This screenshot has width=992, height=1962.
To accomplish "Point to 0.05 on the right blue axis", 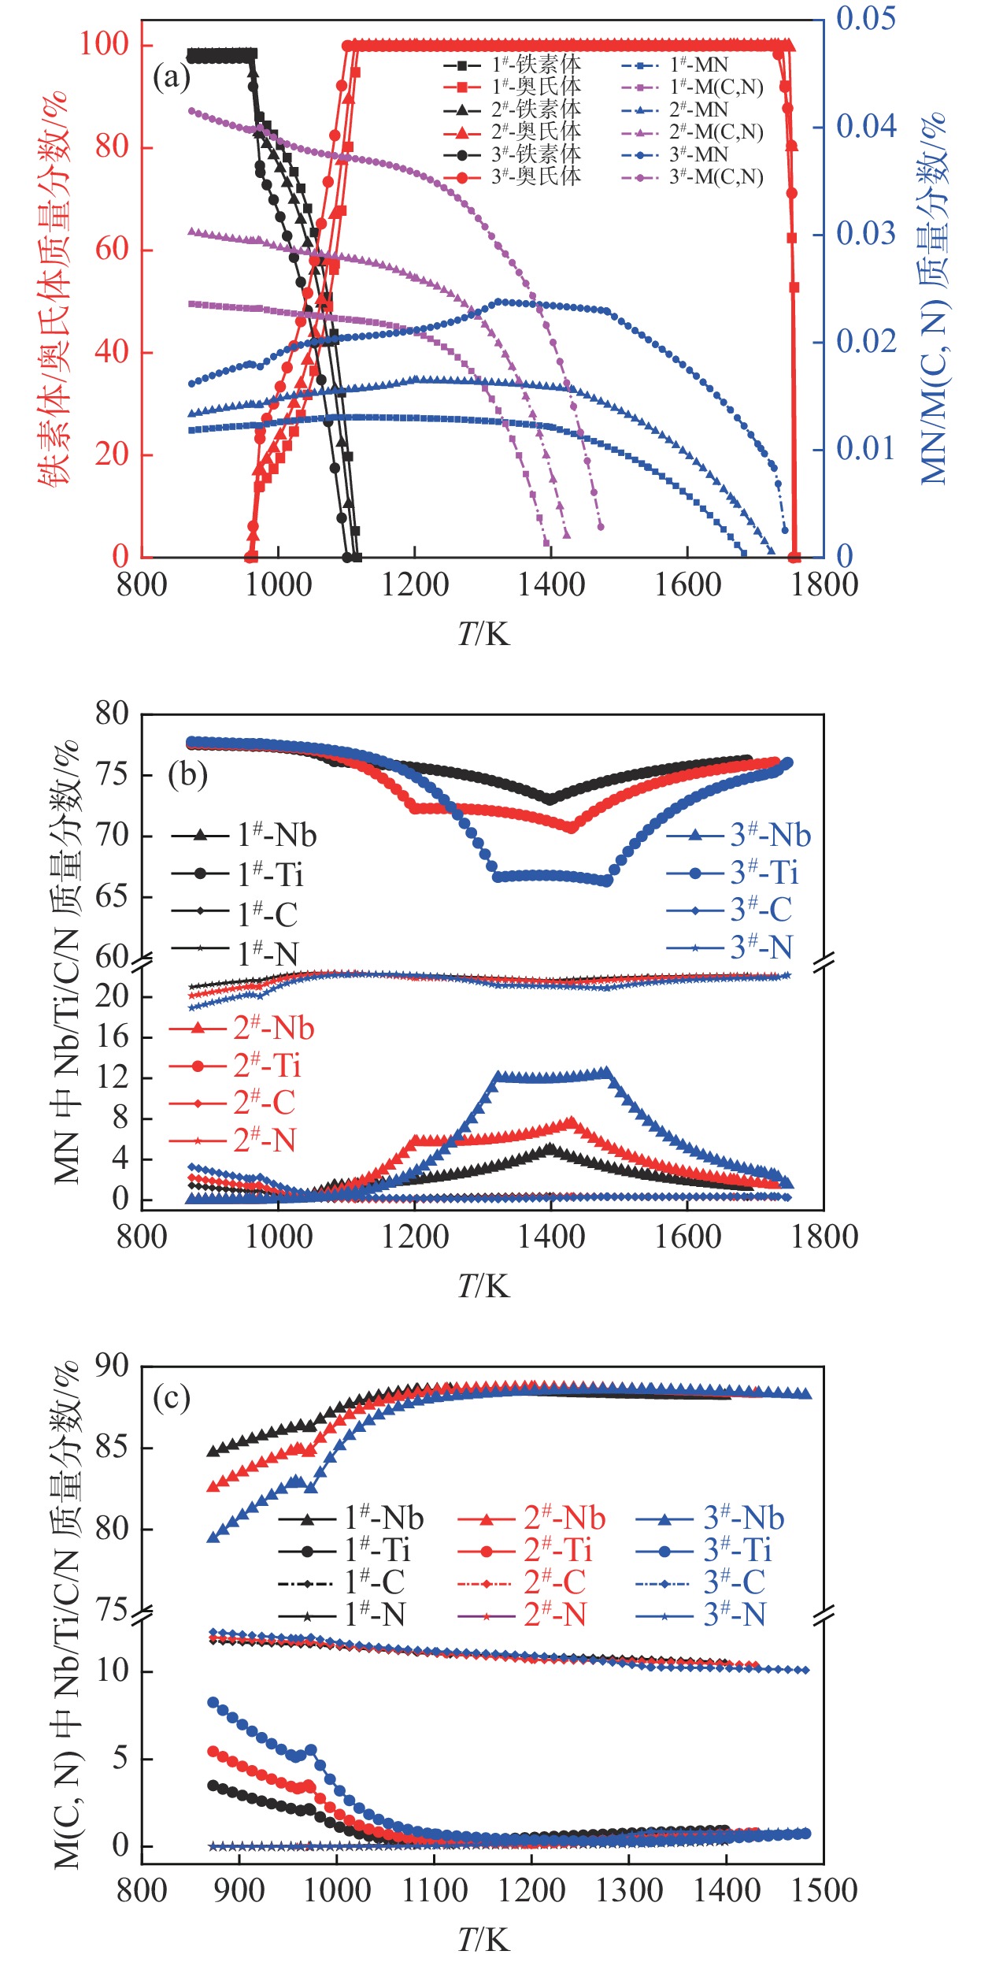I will [x=865, y=17].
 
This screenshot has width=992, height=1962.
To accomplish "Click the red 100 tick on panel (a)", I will [x=103, y=44].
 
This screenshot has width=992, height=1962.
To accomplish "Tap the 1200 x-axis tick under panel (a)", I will [x=415, y=585].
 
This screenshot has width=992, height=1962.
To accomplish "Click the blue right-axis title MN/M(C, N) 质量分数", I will [x=934, y=299].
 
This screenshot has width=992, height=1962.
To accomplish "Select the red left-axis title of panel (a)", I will [x=54, y=291].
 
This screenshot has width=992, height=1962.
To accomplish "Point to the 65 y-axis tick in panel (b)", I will [x=111, y=896].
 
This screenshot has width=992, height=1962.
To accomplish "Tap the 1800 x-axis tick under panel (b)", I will [x=824, y=1237].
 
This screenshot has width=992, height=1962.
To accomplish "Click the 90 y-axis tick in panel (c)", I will [x=111, y=1366].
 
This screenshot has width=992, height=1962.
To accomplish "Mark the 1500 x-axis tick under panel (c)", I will [x=824, y=1891].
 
